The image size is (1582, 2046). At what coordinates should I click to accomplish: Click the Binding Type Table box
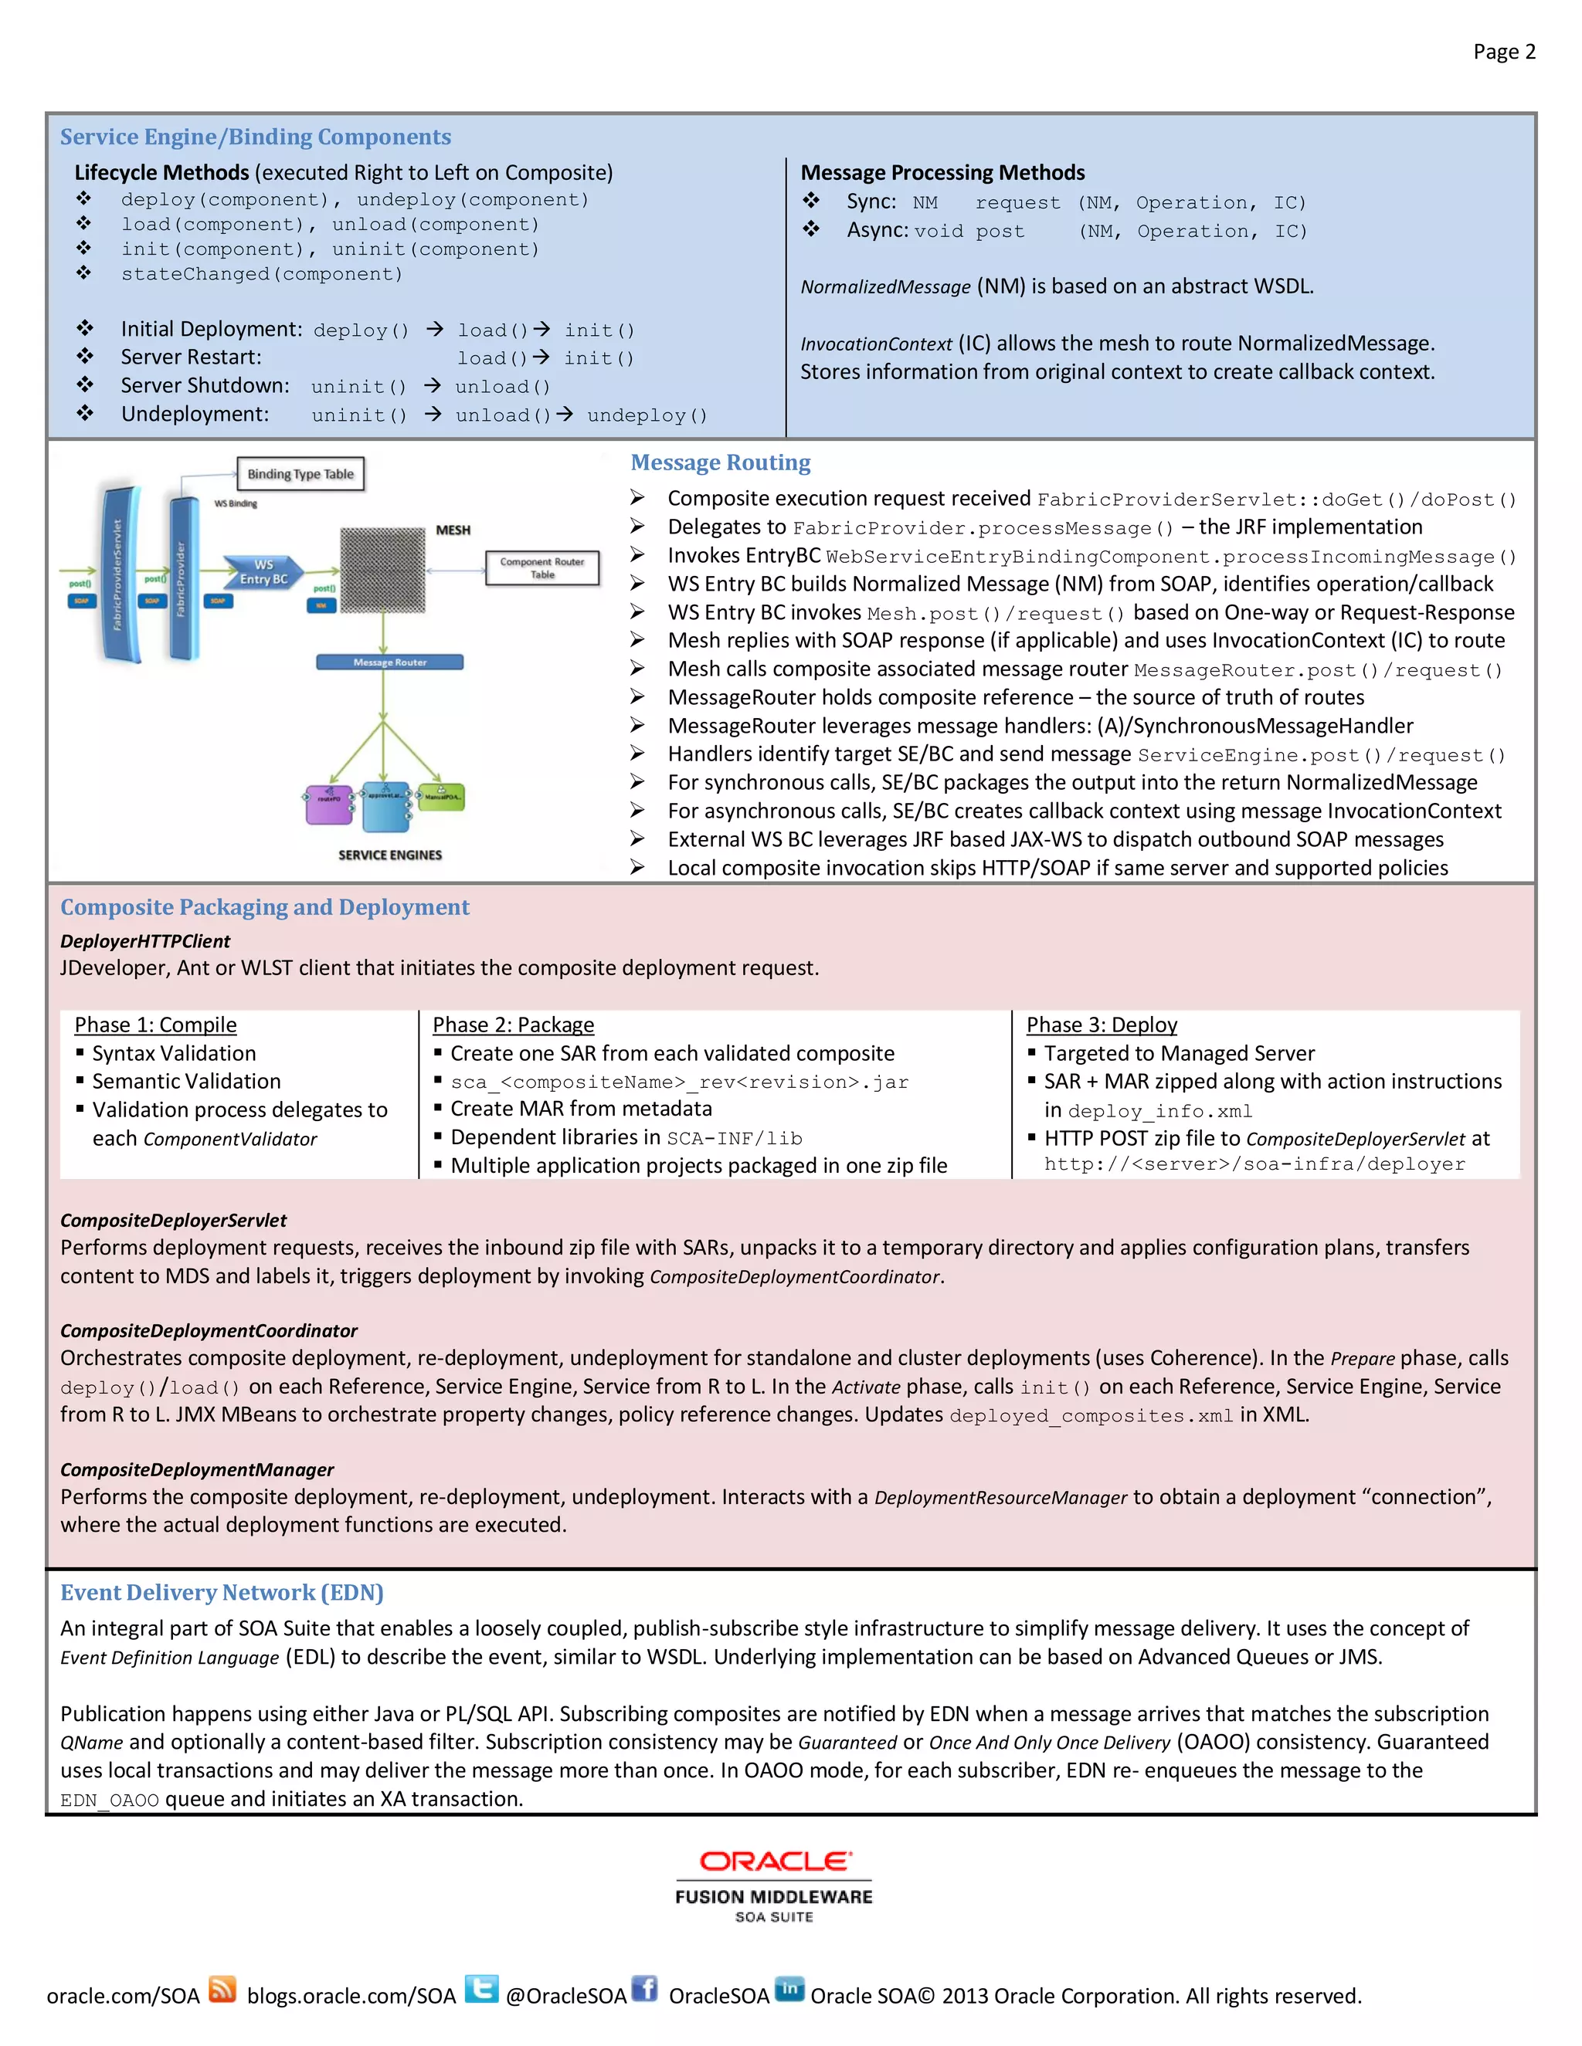300,474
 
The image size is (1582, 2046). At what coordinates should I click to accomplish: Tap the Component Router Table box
541,567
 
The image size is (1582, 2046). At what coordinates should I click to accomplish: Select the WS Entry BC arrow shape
263,571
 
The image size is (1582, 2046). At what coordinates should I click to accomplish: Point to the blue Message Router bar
390,662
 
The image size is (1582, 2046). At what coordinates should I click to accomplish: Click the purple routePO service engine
329,804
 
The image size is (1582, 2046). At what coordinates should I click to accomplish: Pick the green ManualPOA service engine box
441,798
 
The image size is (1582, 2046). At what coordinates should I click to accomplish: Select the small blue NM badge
321,605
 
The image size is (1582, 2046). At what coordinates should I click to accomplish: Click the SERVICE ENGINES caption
390,855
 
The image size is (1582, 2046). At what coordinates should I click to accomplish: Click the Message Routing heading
720,462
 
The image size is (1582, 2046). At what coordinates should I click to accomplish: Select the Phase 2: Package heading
513,1025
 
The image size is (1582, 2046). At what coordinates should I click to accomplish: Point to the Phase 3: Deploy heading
1102,1025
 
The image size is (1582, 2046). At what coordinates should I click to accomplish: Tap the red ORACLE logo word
775,1861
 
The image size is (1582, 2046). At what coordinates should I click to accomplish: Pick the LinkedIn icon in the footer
789,1988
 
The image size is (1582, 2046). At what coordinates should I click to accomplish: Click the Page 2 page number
1503,52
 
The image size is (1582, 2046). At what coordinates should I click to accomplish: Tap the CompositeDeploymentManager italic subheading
197,1470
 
